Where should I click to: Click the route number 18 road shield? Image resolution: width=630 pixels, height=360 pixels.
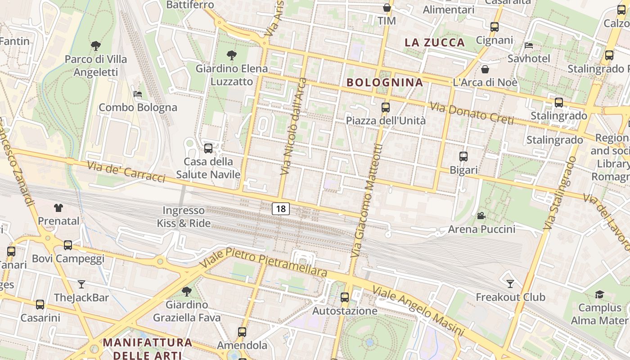click(x=281, y=209)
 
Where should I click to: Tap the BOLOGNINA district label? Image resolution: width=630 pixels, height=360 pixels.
click(x=385, y=82)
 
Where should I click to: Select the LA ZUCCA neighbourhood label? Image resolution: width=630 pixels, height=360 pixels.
click(x=434, y=43)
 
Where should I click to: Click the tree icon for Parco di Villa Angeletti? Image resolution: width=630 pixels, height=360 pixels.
click(x=95, y=45)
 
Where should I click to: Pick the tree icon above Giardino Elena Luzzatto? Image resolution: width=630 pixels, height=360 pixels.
click(x=232, y=55)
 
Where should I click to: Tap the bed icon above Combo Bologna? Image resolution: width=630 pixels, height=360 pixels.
click(x=138, y=94)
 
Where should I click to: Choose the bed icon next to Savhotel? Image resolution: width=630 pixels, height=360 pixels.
click(x=529, y=45)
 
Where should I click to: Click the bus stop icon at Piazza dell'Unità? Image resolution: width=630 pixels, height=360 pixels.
click(x=386, y=108)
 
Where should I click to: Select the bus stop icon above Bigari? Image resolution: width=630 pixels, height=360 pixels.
click(x=463, y=157)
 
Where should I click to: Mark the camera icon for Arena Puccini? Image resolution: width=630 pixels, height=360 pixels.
click(x=481, y=216)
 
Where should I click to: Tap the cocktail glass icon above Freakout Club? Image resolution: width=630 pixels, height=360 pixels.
click(x=510, y=284)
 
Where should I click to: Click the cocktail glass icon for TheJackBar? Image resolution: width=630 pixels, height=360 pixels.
click(x=81, y=284)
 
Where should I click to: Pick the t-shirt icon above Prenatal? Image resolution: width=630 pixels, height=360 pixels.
click(x=58, y=208)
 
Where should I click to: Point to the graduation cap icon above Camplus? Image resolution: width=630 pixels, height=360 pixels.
click(x=599, y=295)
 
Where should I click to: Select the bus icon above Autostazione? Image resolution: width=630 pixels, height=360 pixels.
click(x=345, y=297)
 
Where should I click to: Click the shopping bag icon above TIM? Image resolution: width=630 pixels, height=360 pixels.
click(x=387, y=8)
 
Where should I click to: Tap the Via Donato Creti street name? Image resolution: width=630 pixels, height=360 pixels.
click(x=472, y=114)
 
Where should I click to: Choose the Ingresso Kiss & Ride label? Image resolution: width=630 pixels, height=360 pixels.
click(x=184, y=216)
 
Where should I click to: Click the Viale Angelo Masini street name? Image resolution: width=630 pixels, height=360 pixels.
click(x=418, y=311)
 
